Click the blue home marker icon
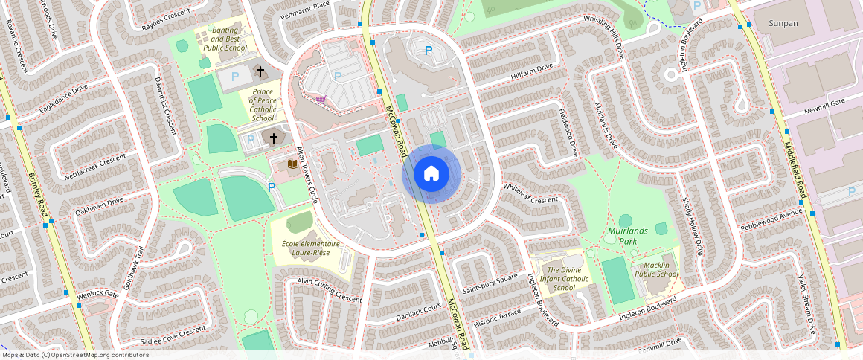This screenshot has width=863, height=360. pos(431,174)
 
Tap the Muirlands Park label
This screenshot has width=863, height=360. pos(628,236)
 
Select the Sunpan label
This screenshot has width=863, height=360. pos(783,24)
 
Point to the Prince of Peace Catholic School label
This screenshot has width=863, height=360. pos(263,105)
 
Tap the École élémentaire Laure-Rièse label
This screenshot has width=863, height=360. pos(311,248)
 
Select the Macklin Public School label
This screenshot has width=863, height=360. pos(656,269)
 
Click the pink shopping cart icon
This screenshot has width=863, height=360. pos(321,100)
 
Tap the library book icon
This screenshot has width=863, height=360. pos(292,163)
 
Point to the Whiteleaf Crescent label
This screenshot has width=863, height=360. pos(530,193)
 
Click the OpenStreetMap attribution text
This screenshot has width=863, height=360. pos(75,355)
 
